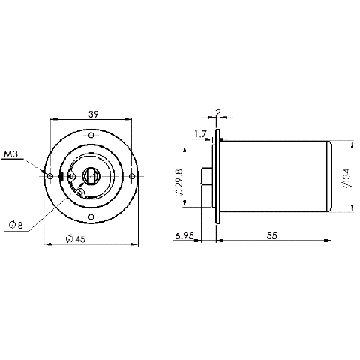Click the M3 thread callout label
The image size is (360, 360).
[11, 154]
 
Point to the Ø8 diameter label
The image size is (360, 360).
[16, 223]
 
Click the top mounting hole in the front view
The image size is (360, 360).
[91, 136]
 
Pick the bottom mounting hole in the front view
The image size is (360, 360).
[91, 217]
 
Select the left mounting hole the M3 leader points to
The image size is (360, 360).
[50, 176]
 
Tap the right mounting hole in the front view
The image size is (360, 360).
[133, 176]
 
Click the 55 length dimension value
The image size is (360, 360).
[271, 235]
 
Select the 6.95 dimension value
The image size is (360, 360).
[184, 235]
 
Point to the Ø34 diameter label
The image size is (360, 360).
[346, 177]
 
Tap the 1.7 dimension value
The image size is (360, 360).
[199, 134]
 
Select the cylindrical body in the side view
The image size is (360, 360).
[274, 177]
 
